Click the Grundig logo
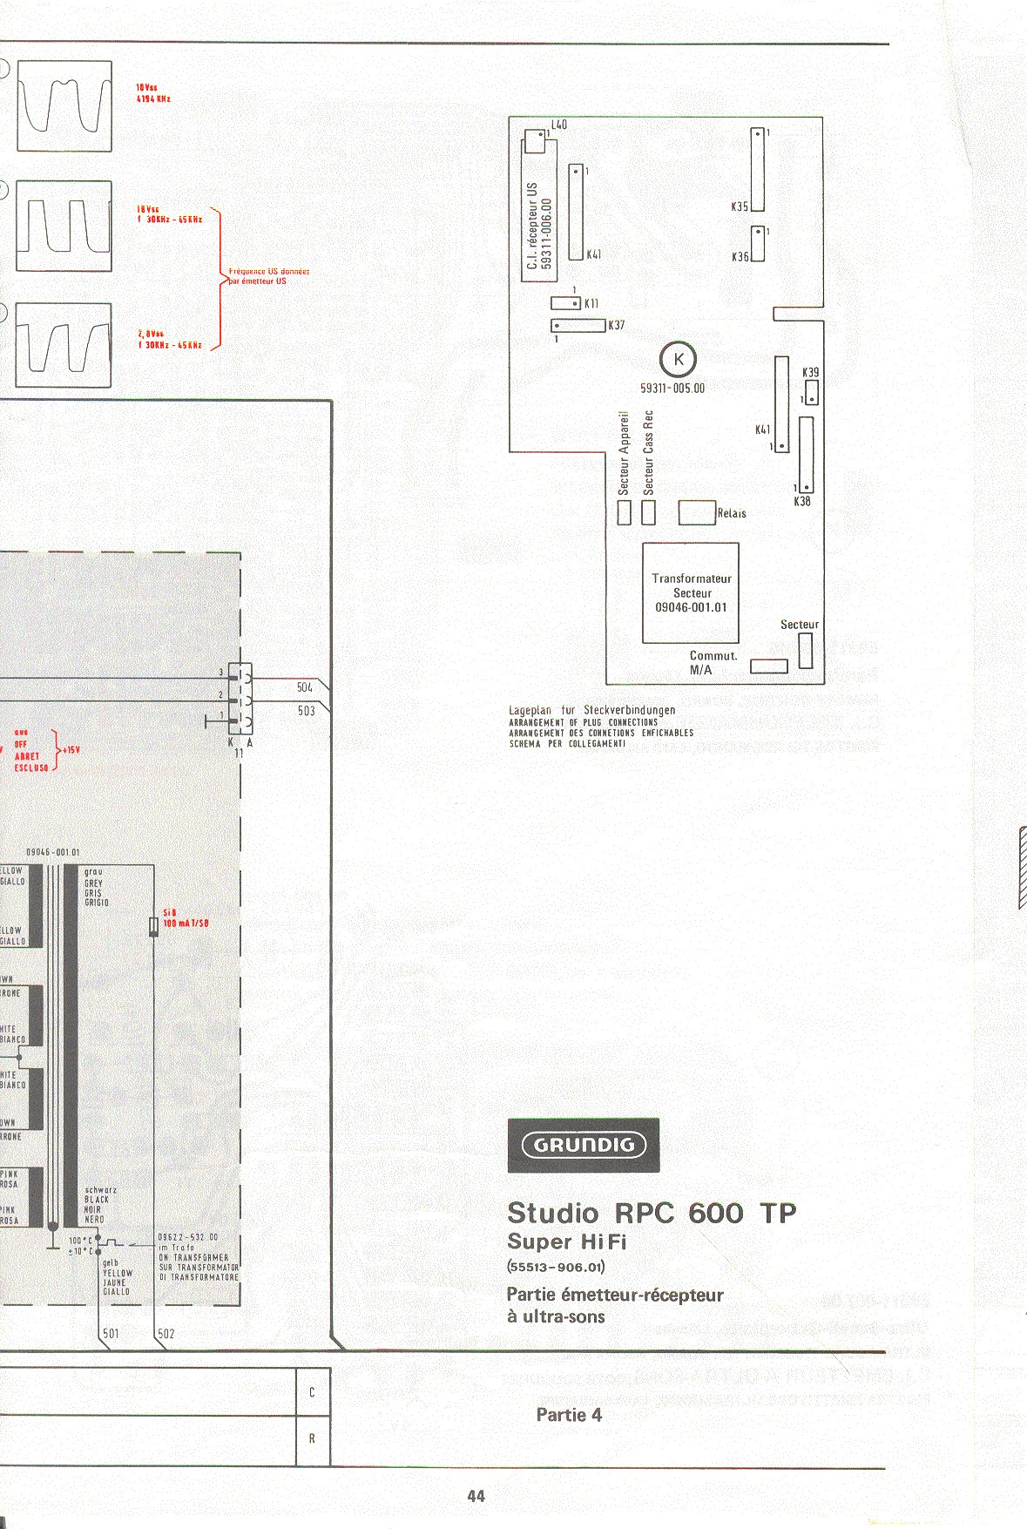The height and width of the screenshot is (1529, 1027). [x=583, y=1145]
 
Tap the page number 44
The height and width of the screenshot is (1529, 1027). [x=476, y=1496]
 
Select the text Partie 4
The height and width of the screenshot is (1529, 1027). [x=569, y=1415]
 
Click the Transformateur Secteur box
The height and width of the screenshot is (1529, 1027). [x=691, y=592]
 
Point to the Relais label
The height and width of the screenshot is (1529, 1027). [x=732, y=513]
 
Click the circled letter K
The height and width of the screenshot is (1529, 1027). [x=679, y=359]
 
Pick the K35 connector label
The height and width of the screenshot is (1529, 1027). [x=740, y=207]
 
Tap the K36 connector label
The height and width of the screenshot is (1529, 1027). [x=740, y=257]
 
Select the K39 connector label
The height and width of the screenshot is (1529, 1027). [x=811, y=372]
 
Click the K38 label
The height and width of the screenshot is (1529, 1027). [x=802, y=502]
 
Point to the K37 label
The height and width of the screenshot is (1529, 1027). [x=617, y=325]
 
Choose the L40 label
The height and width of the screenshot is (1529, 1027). [x=558, y=125]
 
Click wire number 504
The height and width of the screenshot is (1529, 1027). [x=305, y=687]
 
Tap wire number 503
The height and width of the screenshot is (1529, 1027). [x=306, y=711]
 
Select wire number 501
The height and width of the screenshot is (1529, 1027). [x=111, y=1334]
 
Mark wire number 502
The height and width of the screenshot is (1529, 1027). [x=166, y=1334]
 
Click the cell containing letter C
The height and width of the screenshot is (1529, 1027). [x=312, y=1392]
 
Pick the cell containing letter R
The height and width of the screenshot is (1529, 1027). [x=312, y=1438]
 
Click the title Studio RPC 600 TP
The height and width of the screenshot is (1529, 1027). [x=652, y=1213]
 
